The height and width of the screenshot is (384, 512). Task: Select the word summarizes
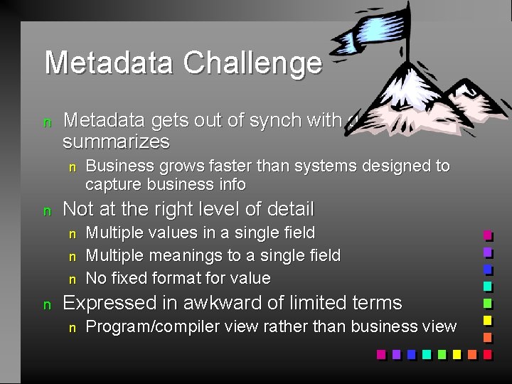tap(116, 142)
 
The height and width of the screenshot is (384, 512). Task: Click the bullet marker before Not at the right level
tap(48, 210)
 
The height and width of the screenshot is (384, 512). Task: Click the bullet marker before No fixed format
tap(71, 279)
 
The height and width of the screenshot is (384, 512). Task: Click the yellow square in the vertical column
tap(488, 321)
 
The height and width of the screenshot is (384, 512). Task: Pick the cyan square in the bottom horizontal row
tap(426, 354)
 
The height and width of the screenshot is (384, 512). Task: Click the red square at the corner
tap(488, 354)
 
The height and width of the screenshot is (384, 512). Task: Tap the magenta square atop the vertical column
tap(488, 236)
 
